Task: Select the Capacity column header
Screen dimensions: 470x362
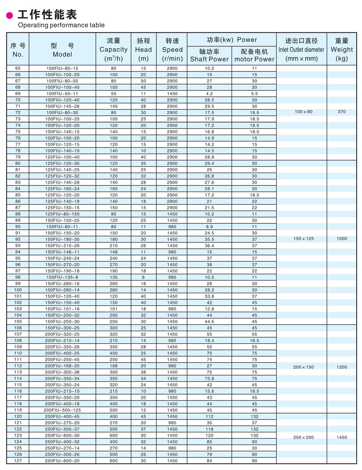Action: [x=113, y=50]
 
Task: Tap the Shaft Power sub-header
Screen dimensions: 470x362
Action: [x=209, y=55]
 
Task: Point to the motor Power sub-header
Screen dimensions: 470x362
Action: [x=254, y=55]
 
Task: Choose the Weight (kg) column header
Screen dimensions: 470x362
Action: [x=342, y=50]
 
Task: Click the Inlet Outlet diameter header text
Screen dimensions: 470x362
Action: [x=301, y=50]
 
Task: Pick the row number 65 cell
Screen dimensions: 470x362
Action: [x=18, y=68]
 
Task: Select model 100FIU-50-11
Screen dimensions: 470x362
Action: [x=62, y=94]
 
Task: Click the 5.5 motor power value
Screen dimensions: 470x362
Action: [x=254, y=94]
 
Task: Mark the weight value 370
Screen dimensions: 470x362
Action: [x=342, y=112]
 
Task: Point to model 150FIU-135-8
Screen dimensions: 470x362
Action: [x=62, y=277]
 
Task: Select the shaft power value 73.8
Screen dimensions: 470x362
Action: [x=209, y=378]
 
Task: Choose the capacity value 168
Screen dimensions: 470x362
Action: [x=113, y=366]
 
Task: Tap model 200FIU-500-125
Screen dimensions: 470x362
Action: [x=62, y=410]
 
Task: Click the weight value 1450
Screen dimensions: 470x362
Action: [x=342, y=437]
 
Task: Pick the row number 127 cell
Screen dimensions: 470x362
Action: [x=18, y=461]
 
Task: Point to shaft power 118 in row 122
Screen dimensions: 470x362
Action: [x=209, y=429]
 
